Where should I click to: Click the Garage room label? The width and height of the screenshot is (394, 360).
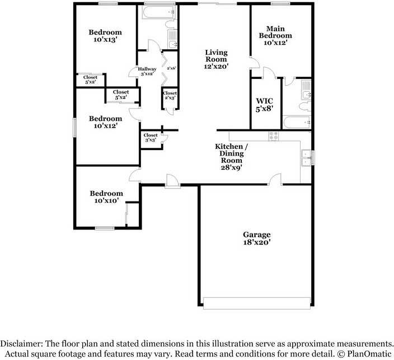(x=256, y=239)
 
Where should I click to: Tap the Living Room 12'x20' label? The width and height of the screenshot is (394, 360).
(x=216, y=59)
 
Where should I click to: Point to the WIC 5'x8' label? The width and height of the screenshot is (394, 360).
(x=264, y=105)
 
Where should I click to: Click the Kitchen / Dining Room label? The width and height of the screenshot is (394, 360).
(x=232, y=157)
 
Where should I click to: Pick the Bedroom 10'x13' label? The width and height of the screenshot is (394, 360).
(x=105, y=36)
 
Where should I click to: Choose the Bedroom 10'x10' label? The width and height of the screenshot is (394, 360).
(x=106, y=197)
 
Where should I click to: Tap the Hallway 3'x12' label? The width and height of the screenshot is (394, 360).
(x=147, y=71)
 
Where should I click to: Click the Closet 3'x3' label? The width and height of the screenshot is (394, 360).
(x=151, y=138)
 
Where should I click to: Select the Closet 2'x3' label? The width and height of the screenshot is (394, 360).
(x=170, y=95)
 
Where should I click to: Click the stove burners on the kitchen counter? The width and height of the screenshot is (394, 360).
(x=274, y=136)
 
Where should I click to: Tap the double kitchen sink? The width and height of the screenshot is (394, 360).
(x=307, y=158)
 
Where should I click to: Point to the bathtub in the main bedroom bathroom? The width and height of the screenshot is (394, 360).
(x=297, y=123)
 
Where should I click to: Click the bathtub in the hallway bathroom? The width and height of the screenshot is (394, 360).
(x=158, y=12)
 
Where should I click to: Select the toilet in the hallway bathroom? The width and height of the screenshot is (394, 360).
(x=171, y=25)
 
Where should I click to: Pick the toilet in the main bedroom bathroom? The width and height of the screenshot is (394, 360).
(x=305, y=106)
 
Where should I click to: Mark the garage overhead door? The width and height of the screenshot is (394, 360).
(x=256, y=303)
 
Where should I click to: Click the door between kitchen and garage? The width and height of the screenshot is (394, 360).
(x=275, y=179)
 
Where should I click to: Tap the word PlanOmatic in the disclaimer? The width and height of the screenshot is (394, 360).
(x=369, y=354)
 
